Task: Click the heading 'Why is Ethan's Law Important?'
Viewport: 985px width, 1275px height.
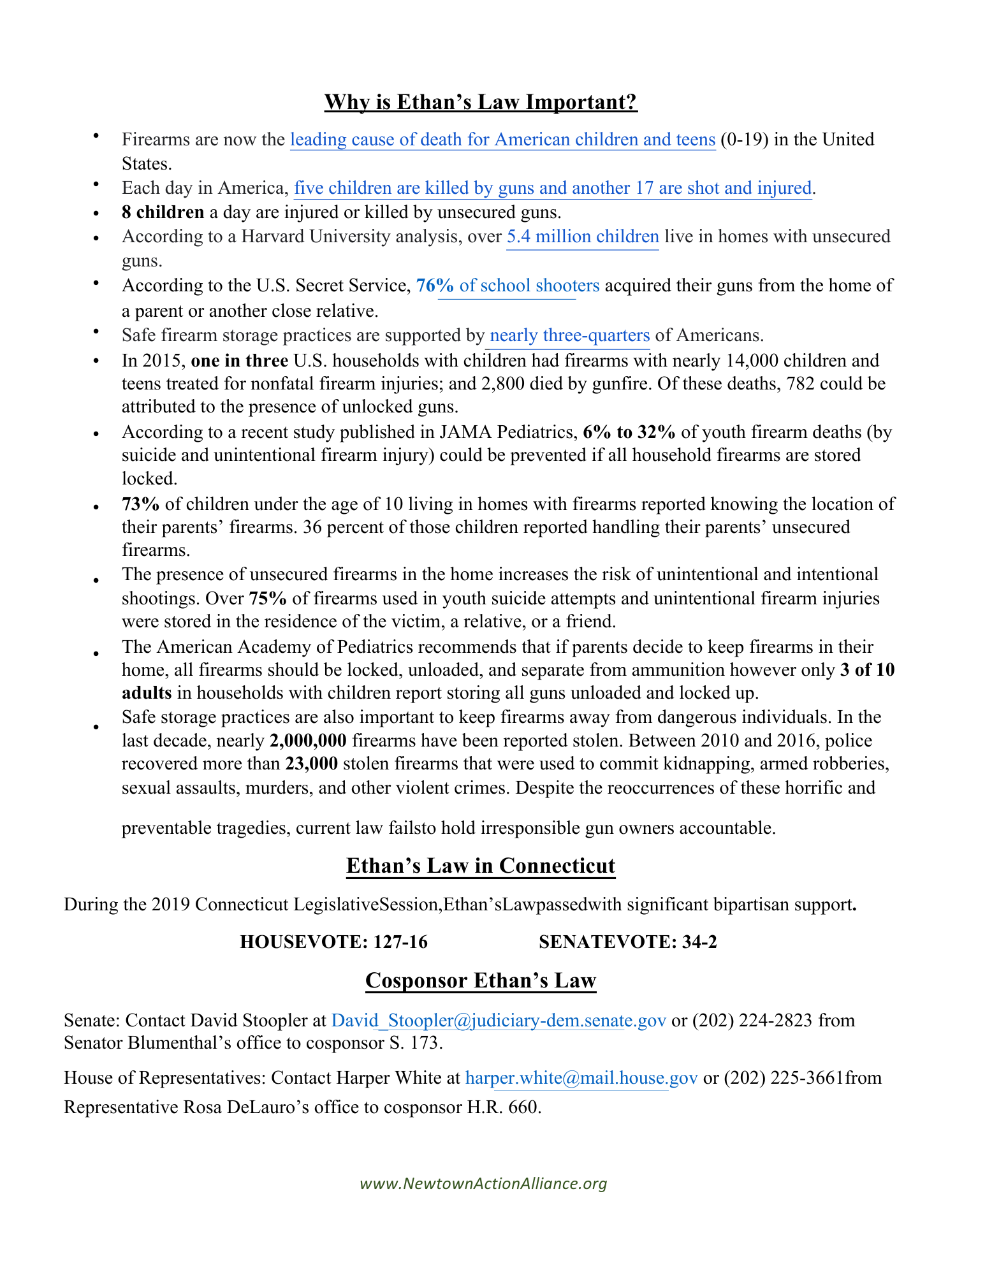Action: click(x=481, y=102)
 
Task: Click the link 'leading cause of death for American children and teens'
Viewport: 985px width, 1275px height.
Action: click(x=502, y=140)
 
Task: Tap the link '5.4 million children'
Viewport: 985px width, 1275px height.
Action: click(x=582, y=237)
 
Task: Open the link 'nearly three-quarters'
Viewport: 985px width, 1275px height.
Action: click(x=569, y=335)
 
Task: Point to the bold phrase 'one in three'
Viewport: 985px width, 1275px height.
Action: click(x=239, y=361)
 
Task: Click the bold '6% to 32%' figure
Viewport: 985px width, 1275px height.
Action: click(x=629, y=432)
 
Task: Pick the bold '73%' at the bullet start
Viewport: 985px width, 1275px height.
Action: click(x=140, y=504)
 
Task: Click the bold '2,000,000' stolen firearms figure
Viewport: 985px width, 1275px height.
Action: click(x=308, y=741)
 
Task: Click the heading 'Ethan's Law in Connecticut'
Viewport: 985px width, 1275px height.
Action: click(x=481, y=866)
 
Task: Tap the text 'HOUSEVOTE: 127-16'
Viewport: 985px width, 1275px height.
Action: click(x=333, y=942)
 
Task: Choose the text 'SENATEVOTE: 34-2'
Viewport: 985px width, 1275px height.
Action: click(x=627, y=942)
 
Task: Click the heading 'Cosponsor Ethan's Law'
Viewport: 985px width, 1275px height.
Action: click(x=481, y=980)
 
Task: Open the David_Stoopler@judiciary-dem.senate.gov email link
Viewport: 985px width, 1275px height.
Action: click(x=499, y=1021)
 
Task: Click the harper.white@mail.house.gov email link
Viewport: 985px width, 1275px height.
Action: click(x=581, y=1078)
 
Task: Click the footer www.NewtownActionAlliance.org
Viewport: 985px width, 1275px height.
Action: click(x=483, y=1184)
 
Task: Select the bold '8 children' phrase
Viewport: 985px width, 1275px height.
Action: click(x=163, y=212)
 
